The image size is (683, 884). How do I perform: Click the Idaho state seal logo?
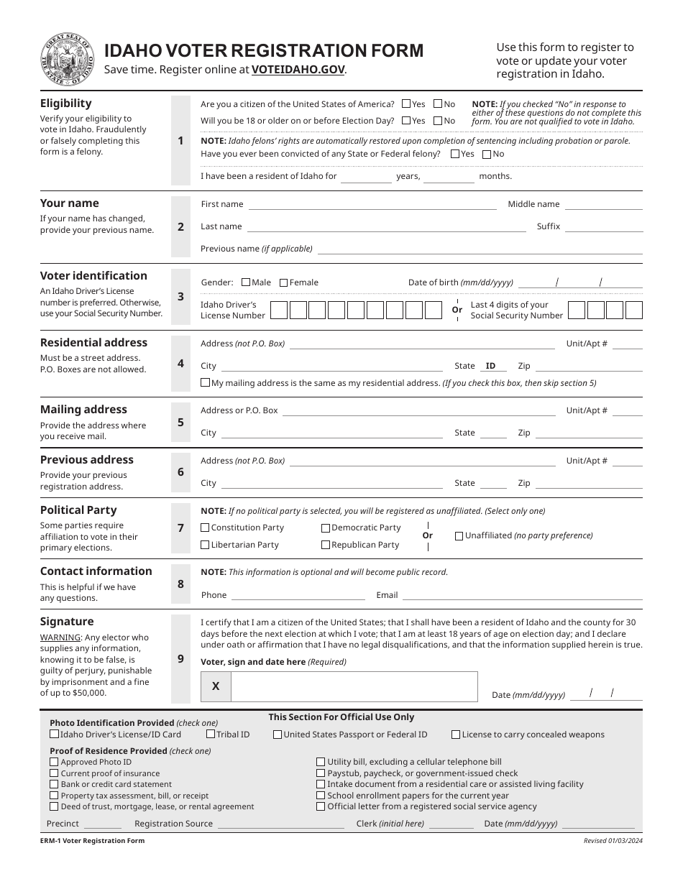point(68,59)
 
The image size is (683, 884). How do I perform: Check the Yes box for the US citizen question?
point(407,104)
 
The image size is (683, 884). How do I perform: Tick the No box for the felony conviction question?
point(487,155)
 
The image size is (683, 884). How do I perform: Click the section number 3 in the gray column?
point(180,297)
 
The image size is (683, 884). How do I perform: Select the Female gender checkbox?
point(283,283)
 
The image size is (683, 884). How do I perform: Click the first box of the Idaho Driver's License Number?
point(278,310)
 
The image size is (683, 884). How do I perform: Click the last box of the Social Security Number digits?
point(633,310)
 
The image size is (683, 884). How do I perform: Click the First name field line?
point(372,205)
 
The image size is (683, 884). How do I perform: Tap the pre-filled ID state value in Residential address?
point(491,367)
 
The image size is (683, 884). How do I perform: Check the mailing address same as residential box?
point(206,384)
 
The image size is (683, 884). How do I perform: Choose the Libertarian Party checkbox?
point(205,545)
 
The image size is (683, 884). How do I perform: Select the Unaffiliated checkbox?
point(459,536)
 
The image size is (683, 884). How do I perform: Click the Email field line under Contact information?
point(522,596)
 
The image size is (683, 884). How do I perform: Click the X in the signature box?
point(216,687)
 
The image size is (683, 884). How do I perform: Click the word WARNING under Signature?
point(60,637)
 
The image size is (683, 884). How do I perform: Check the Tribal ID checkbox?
point(211,735)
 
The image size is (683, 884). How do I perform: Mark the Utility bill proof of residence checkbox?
point(321,762)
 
